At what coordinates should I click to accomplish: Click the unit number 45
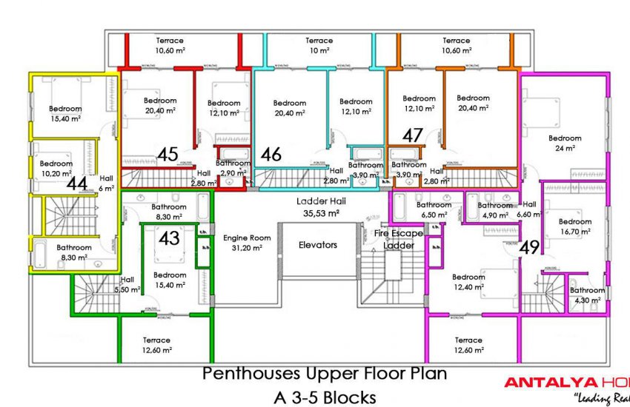pyautogui.click(x=168, y=155)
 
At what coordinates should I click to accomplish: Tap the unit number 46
pyautogui.click(x=271, y=155)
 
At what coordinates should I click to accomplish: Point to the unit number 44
pyautogui.click(x=77, y=182)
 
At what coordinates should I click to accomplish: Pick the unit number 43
pyautogui.click(x=170, y=238)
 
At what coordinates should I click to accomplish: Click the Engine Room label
pyautogui.click(x=247, y=243)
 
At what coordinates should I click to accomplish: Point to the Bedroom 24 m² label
pyautogui.click(x=565, y=143)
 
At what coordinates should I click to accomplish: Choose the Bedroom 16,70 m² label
pyautogui.click(x=575, y=226)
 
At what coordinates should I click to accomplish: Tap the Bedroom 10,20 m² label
pyautogui.click(x=56, y=168)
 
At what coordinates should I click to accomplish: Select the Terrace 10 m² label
pyautogui.click(x=319, y=45)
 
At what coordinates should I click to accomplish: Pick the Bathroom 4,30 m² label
pyautogui.click(x=587, y=295)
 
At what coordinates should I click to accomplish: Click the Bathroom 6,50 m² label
pyautogui.click(x=434, y=209)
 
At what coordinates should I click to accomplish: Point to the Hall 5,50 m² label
pyautogui.click(x=127, y=285)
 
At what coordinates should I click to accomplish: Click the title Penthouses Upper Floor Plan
pyautogui.click(x=325, y=374)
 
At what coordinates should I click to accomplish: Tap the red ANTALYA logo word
pyautogui.click(x=549, y=383)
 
